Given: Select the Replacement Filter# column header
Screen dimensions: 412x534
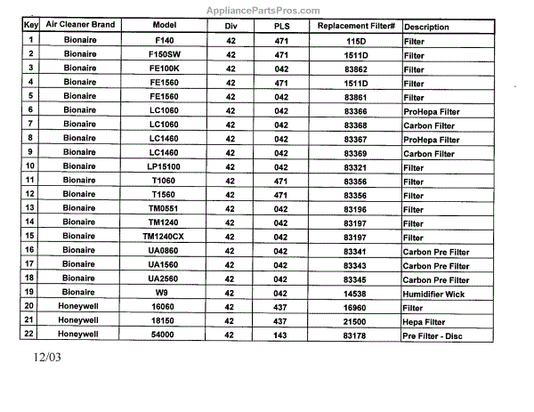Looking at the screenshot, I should pos(355,27).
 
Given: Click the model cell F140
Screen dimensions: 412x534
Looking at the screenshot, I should pos(164,41).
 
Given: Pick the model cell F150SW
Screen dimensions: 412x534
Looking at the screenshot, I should pos(164,55).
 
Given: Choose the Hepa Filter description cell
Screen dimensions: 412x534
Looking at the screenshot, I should pos(425,321).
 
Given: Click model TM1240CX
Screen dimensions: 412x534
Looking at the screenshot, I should pos(164,237).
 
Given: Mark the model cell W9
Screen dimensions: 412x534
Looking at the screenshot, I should pos(164,293).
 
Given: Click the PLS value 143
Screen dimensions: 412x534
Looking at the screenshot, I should pos(281,335).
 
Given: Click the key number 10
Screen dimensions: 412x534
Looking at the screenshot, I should pos(29,166).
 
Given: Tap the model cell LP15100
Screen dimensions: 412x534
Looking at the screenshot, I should pos(164,166).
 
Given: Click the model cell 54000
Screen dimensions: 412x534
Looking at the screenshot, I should pos(164,335).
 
